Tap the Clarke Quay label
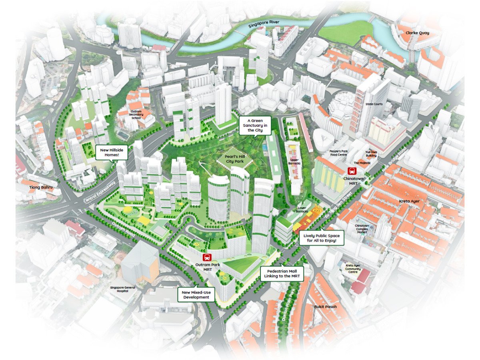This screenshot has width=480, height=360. click(417, 33)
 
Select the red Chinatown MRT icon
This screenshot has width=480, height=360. click(352, 171)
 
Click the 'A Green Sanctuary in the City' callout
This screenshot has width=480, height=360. click(254, 125)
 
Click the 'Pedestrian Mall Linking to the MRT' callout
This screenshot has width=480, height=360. click(282, 274)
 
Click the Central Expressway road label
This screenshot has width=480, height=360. click(100, 191)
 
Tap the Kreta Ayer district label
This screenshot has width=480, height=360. click(410, 201)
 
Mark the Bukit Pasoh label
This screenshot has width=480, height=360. click(325, 307)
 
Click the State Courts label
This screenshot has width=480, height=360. click(374, 104)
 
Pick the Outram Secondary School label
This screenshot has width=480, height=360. click(136, 115)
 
